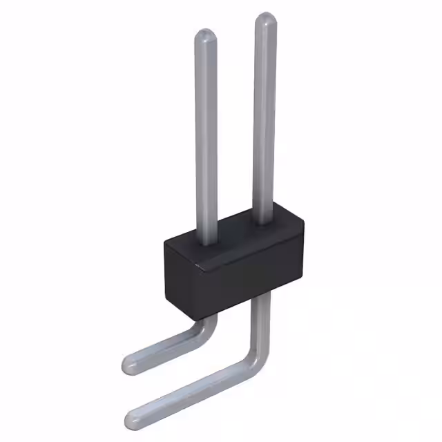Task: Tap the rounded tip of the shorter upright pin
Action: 205,37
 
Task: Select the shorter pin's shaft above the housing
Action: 206,138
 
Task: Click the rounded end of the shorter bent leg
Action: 129,363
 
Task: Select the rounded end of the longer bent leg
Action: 133,416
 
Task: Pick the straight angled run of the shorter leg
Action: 166,349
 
